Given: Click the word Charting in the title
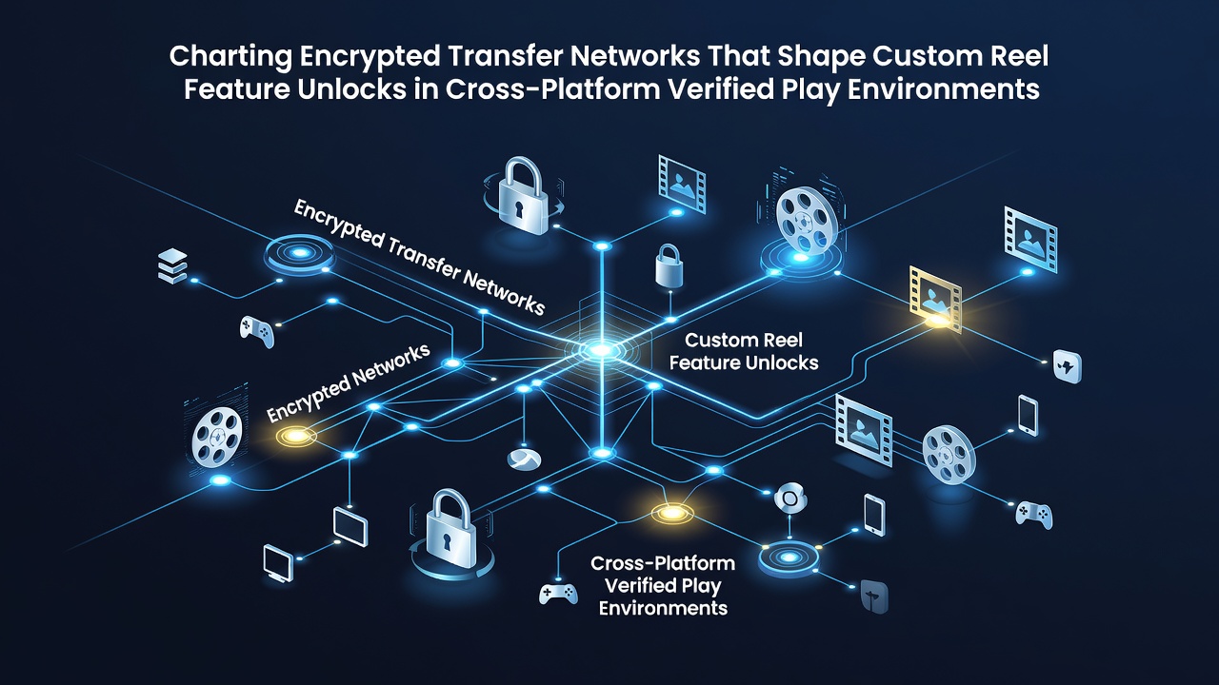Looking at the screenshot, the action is pyautogui.click(x=230, y=57).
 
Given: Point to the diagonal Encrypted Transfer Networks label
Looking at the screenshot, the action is pyautogui.click(x=419, y=257).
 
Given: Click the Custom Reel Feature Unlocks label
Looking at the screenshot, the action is pyautogui.click(x=744, y=351).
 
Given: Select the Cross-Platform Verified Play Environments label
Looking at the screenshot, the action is pyautogui.click(x=663, y=585).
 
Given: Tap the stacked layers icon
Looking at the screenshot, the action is pyautogui.click(x=172, y=266).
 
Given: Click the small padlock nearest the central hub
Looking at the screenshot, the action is pyautogui.click(x=669, y=265).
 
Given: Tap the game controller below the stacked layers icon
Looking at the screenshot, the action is pyautogui.click(x=257, y=331).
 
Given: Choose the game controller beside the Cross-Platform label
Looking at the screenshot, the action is pyautogui.click(x=558, y=594).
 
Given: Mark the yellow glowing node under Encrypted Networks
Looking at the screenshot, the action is pyautogui.click(x=296, y=436).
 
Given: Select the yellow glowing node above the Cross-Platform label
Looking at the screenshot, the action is pyautogui.click(x=672, y=513).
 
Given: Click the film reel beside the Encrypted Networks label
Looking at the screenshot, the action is pyautogui.click(x=217, y=438).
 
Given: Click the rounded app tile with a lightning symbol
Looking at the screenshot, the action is pyautogui.click(x=1068, y=366).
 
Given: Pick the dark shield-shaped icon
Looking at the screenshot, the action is pyautogui.click(x=874, y=597).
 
